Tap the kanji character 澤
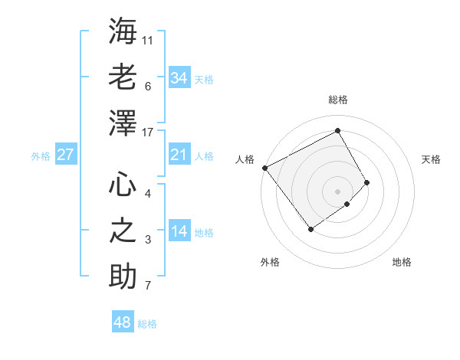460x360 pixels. tap(123, 123)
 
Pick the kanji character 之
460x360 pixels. tap(123, 230)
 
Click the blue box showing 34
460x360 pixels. tap(179, 77)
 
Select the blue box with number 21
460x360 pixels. tap(179, 155)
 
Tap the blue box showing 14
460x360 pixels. tap(179, 232)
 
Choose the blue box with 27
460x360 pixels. tap(65, 155)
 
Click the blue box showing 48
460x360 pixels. tap(123, 322)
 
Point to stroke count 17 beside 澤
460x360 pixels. tap(148, 133)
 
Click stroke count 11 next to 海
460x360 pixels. tap(148, 39)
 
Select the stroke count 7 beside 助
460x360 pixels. tap(148, 286)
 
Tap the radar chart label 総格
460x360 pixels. tap(337, 100)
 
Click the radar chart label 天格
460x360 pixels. tap(431, 159)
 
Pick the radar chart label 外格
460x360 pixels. tap(270, 262)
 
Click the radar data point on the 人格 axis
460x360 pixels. tap(264, 168)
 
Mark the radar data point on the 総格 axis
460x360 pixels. tap(337, 129)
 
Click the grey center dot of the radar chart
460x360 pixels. tap(337, 191)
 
